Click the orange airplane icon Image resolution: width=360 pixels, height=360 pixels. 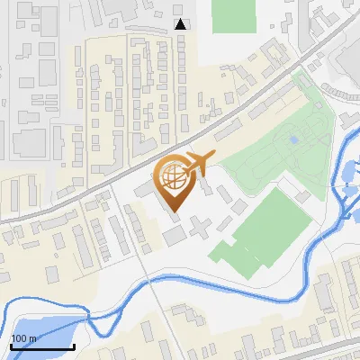196,164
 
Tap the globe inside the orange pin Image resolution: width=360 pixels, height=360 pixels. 173,180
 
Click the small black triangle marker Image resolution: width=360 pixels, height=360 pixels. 181,24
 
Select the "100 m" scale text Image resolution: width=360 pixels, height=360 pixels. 23,338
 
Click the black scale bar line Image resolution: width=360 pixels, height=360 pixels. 42,346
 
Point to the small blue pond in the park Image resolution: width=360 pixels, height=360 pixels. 293,140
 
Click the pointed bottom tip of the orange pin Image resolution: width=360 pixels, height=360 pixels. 173,211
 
